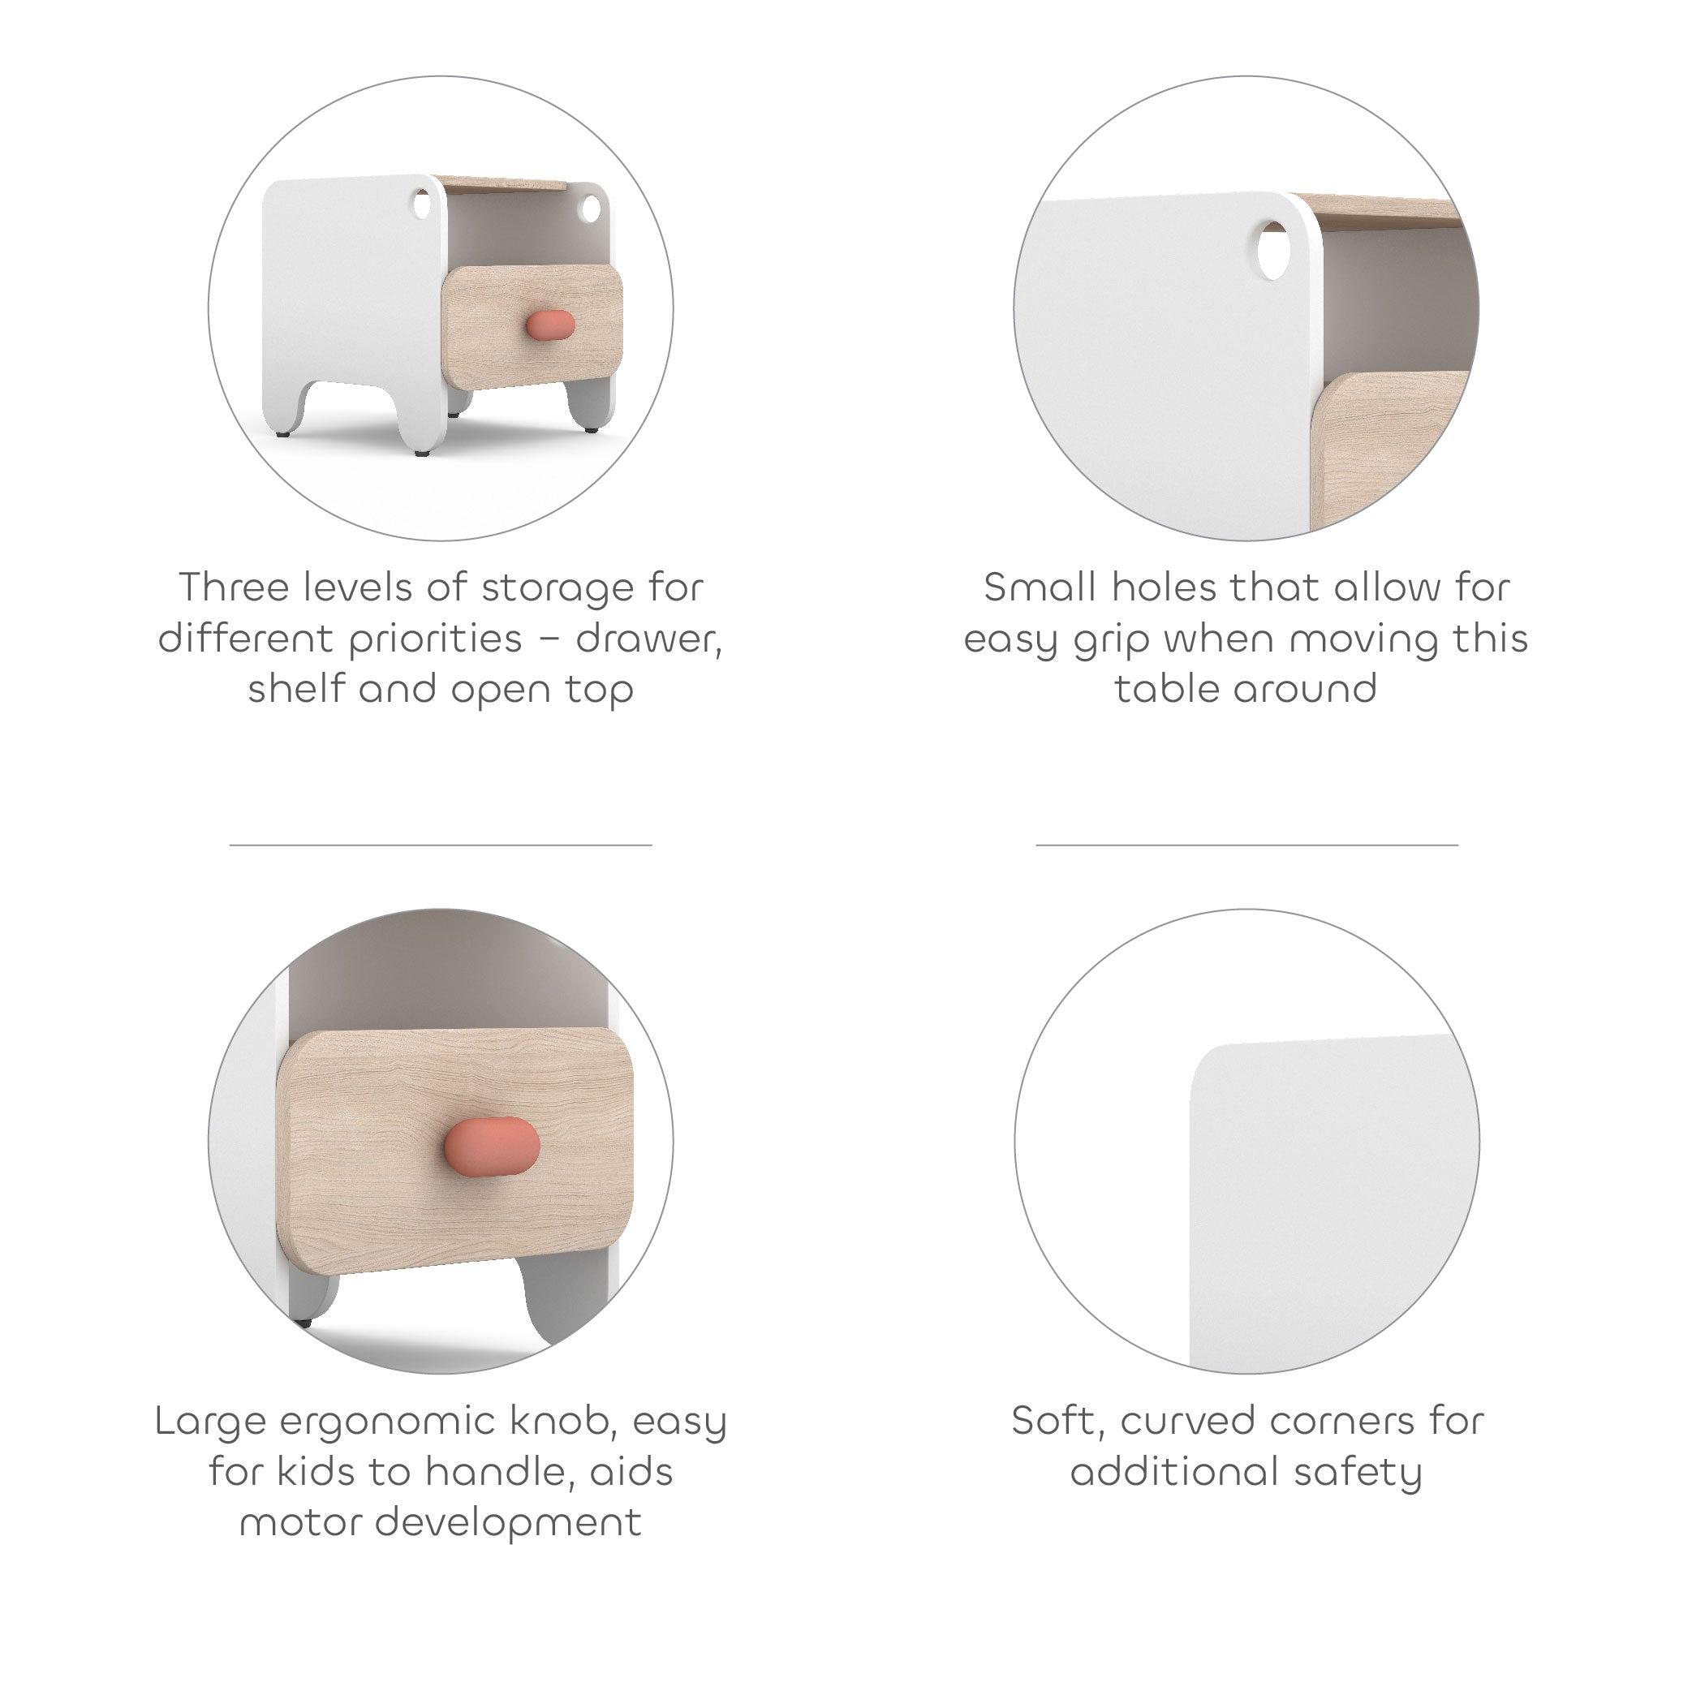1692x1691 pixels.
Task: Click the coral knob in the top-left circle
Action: (x=550, y=324)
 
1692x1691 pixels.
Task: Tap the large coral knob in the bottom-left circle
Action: (x=493, y=1146)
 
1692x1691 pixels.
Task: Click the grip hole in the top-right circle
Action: (x=1273, y=251)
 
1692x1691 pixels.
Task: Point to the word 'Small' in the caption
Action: (x=1040, y=587)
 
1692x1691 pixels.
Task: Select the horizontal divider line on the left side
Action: (x=441, y=845)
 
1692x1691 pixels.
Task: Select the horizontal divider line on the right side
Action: (x=1247, y=845)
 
